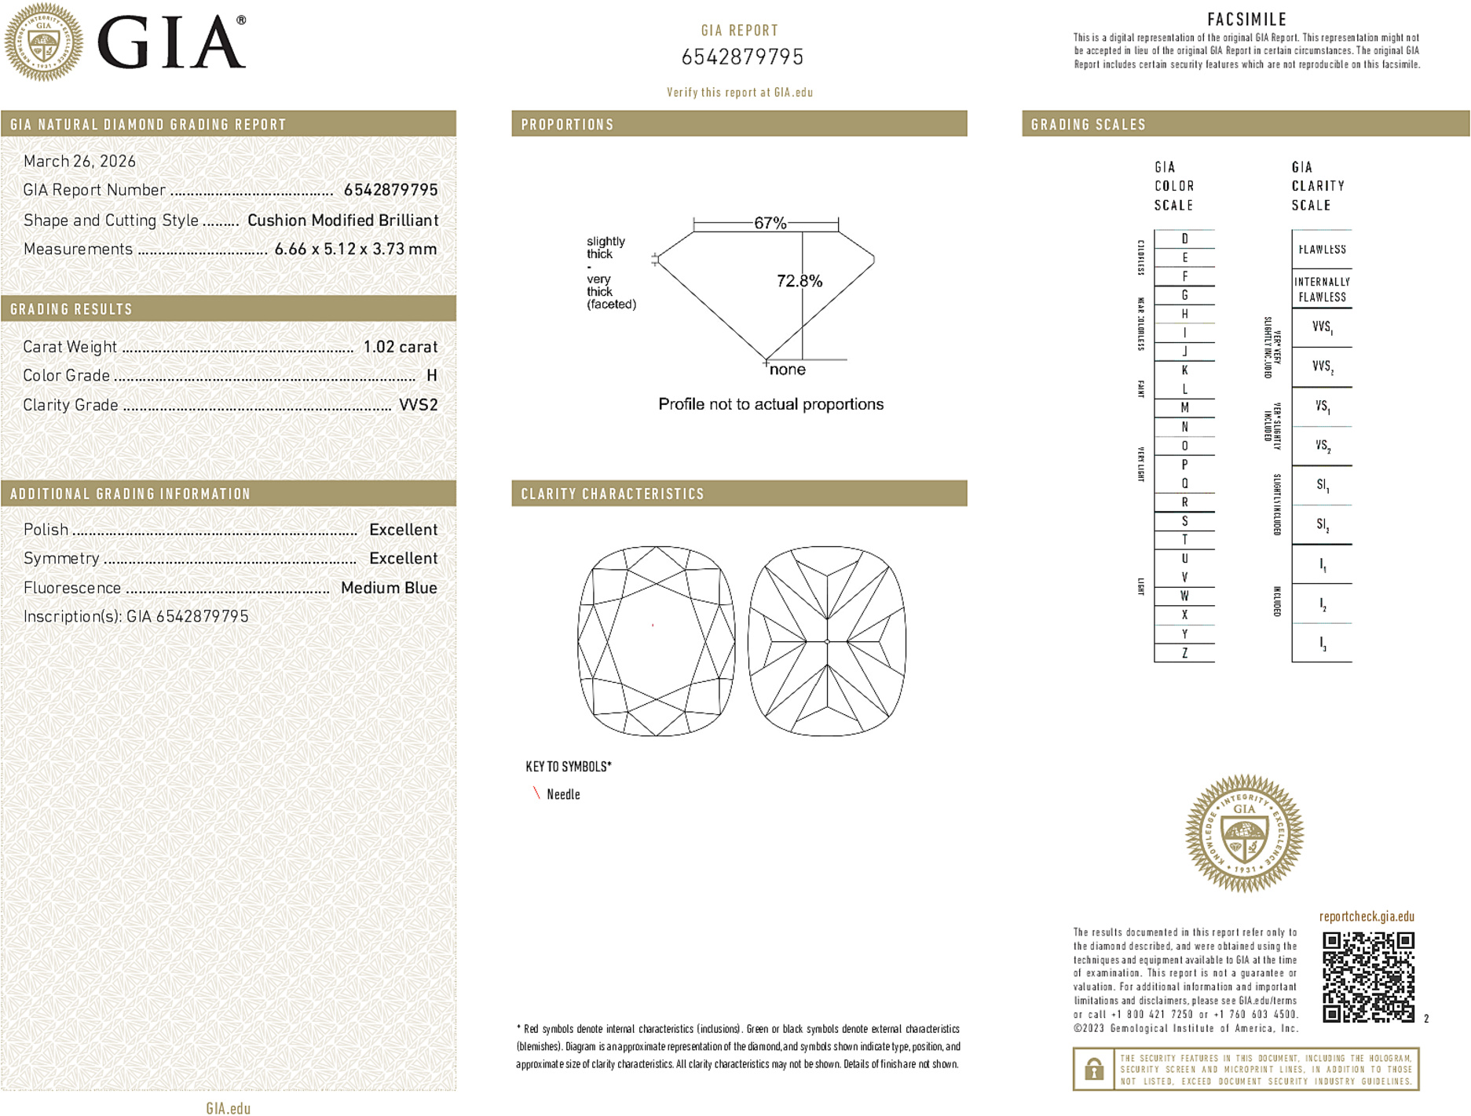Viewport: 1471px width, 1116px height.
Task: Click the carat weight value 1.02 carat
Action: pyautogui.click(x=400, y=347)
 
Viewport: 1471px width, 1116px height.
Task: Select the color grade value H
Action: pyautogui.click(x=431, y=376)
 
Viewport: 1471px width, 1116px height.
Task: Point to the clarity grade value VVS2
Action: pyautogui.click(x=418, y=405)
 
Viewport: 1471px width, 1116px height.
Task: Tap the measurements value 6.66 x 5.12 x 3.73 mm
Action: pyautogui.click(x=355, y=250)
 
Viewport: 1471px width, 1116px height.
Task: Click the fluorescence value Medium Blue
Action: pyautogui.click(x=389, y=588)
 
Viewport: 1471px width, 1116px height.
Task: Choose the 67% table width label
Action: pyautogui.click(x=770, y=223)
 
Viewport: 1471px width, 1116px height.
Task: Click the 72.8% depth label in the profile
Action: pyautogui.click(x=799, y=281)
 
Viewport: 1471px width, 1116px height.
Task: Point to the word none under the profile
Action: pyautogui.click(x=787, y=370)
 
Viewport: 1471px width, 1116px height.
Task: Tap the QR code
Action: pyautogui.click(x=1367, y=976)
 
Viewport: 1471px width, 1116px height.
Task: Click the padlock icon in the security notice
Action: pyautogui.click(x=1093, y=1069)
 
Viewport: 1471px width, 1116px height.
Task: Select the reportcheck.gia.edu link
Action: pyautogui.click(x=1367, y=917)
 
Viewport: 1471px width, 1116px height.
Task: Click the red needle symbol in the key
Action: pyautogui.click(x=536, y=793)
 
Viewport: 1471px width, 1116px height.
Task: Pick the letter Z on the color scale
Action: pyautogui.click(x=1184, y=653)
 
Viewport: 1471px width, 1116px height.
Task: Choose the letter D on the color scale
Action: pyautogui.click(x=1184, y=239)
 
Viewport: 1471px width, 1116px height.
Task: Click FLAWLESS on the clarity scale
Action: pyautogui.click(x=1322, y=250)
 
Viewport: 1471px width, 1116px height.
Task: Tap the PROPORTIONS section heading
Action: pyautogui.click(x=567, y=125)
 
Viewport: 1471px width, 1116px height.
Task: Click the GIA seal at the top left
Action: pyautogui.click(x=43, y=42)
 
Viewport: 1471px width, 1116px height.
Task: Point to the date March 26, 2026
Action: pyautogui.click(x=79, y=162)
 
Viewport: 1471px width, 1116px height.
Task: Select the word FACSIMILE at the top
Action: pyautogui.click(x=1246, y=20)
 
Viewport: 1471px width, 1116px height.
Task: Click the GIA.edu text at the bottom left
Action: pyautogui.click(x=228, y=1108)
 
